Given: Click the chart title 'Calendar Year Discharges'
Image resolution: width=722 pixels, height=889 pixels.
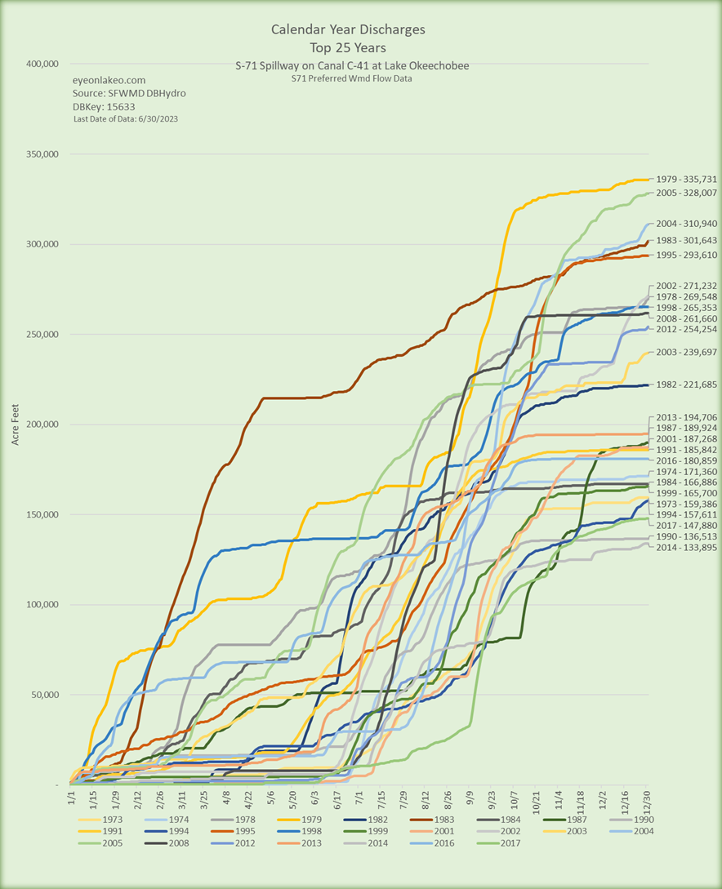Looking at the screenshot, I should [348, 30].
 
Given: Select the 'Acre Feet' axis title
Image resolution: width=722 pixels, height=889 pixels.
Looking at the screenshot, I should [17, 424].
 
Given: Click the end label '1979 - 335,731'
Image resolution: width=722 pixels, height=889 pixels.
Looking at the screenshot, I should [686, 179].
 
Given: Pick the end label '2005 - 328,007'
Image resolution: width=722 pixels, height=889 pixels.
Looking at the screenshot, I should [686, 193].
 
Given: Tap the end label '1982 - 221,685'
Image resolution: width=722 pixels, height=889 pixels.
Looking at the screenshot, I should [686, 384].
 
